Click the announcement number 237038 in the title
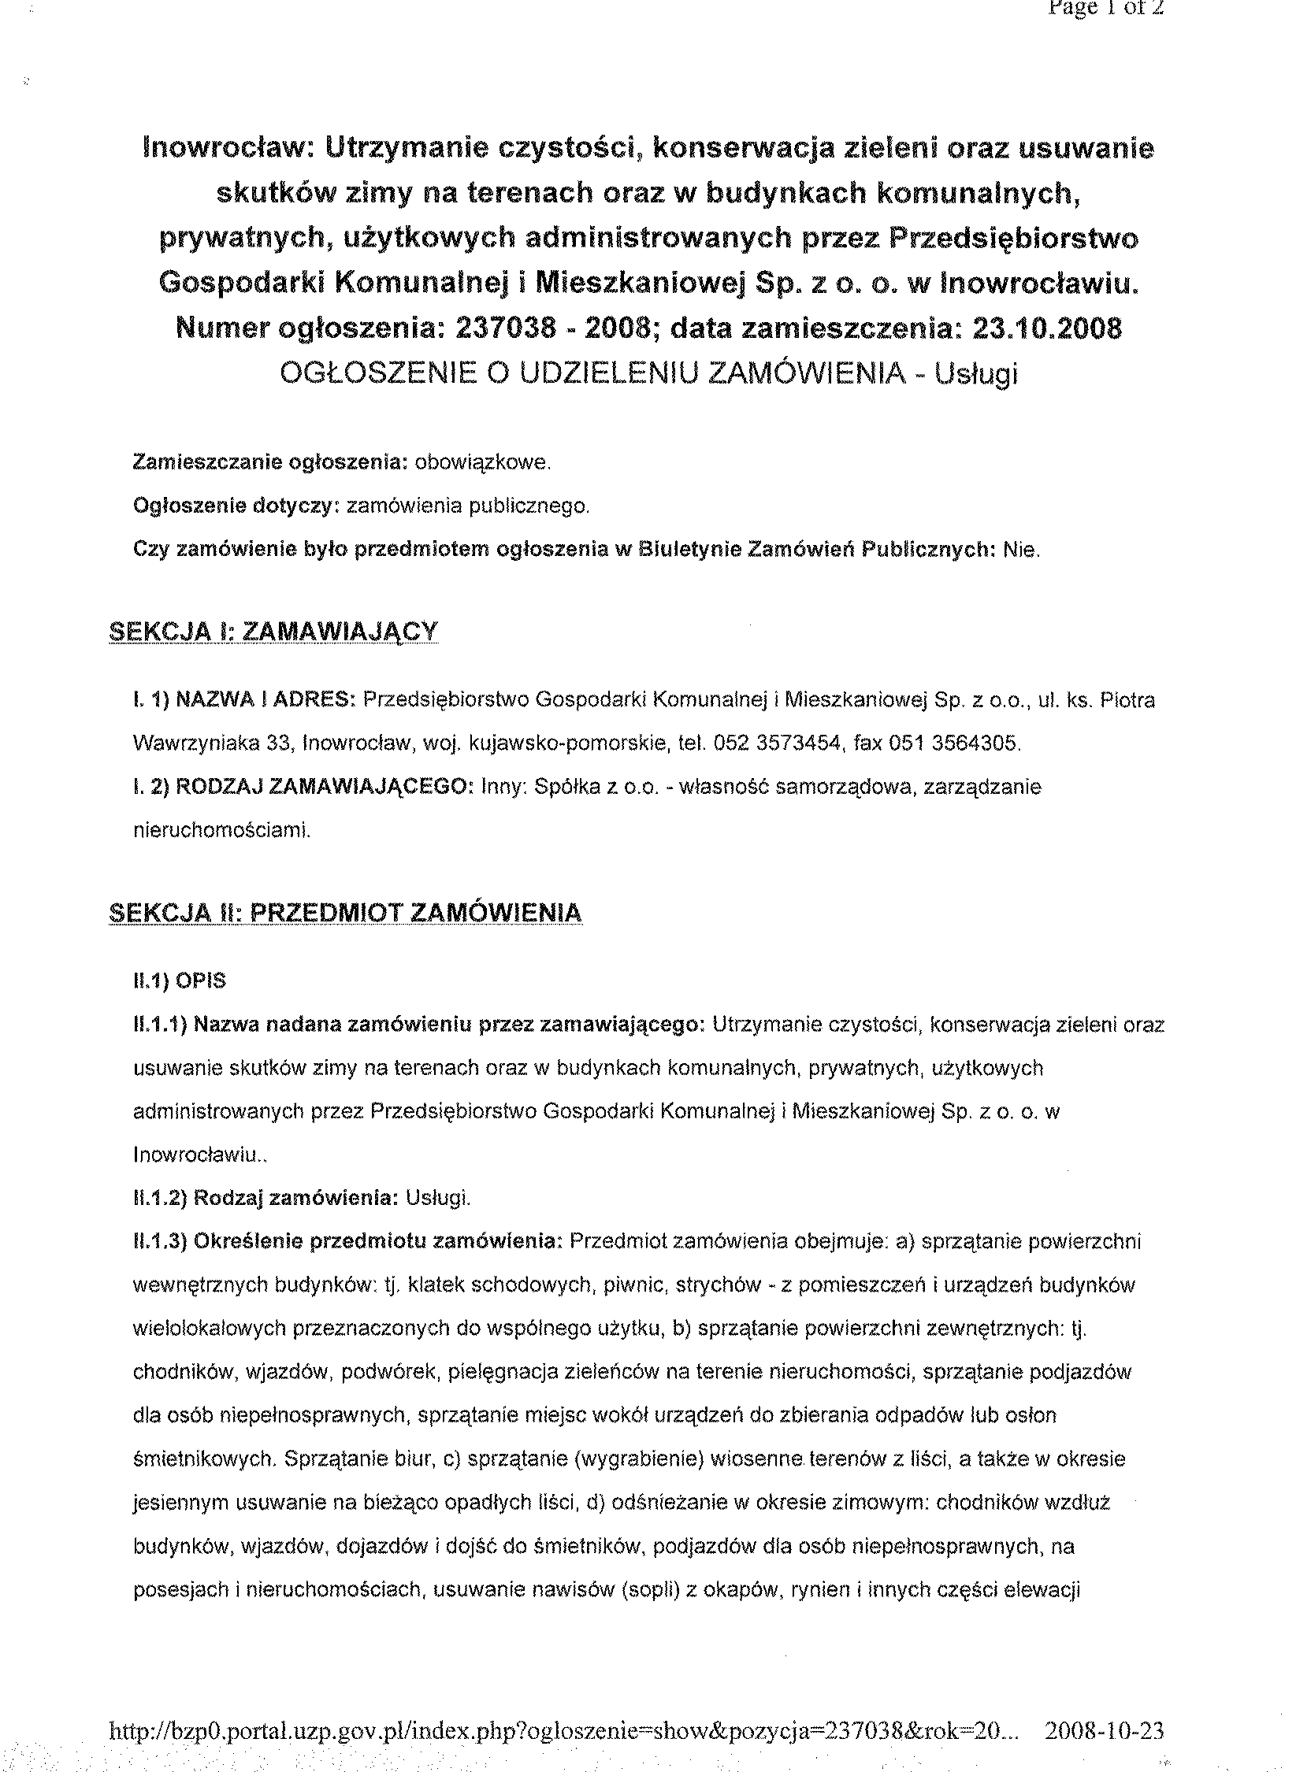(506, 328)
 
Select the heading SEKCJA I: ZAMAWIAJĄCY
(273, 632)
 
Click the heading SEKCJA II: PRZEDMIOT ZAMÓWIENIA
(345, 913)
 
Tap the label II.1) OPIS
(180, 981)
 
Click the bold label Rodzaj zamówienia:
(295, 1198)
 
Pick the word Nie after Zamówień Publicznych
(1021, 549)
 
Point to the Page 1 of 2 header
(1105, 9)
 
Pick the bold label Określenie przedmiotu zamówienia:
(377, 1241)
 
